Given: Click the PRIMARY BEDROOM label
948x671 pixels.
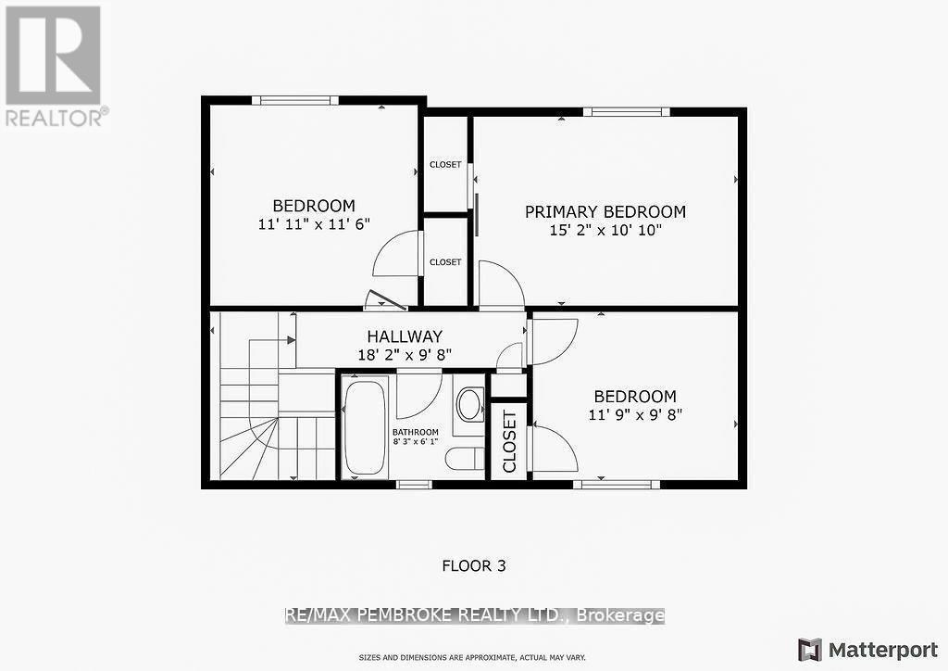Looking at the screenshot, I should coord(605,211).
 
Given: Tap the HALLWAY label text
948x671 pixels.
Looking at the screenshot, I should coord(404,336).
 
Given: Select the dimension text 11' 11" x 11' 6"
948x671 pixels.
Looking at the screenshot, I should coord(313,223).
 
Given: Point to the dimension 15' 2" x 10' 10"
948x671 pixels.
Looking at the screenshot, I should coord(605,230).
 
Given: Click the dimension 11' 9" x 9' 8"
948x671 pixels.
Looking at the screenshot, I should coord(634,415).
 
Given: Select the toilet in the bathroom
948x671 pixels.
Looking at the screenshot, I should coord(463,458).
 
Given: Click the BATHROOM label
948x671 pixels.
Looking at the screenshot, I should coord(415,432).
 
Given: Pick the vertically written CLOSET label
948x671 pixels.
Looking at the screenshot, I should coord(509,441).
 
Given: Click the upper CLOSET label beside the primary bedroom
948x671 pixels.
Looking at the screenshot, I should coord(445,165).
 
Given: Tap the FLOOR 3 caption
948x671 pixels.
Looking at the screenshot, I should coord(473,564).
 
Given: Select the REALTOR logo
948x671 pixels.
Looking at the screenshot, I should coord(54,65).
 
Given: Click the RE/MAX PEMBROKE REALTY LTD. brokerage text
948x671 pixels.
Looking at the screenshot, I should coord(475,615).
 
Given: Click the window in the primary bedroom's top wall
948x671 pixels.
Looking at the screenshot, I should coord(626,112).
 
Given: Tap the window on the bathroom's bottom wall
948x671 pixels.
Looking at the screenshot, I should coord(414,484).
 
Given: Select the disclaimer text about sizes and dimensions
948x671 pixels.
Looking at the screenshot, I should coord(473,658).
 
